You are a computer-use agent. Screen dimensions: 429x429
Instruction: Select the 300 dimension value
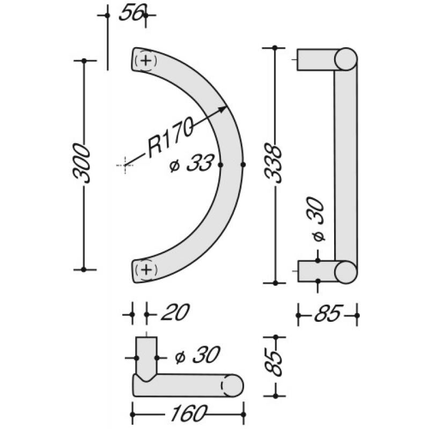[x=82, y=163]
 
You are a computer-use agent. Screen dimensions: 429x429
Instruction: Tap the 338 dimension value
[x=275, y=163]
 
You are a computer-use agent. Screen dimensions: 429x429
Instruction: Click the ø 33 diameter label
[x=191, y=164]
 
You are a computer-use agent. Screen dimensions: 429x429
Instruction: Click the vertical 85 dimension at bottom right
[x=275, y=365]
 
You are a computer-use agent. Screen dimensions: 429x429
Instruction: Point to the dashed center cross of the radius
[x=124, y=165]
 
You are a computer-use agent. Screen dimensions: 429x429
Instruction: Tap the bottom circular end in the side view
[x=345, y=271]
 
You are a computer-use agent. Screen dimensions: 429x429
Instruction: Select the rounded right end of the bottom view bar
[x=232, y=385]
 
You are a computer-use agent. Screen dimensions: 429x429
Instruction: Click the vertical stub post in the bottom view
[x=145, y=354]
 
